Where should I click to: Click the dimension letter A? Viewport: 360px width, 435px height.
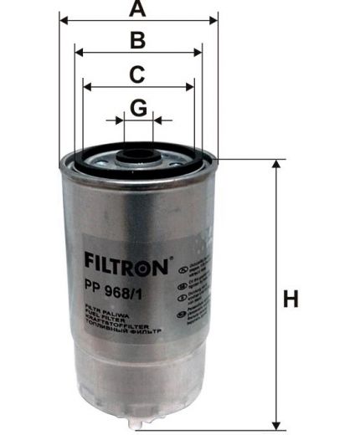click(138, 10)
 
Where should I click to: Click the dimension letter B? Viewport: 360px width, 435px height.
click(138, 39)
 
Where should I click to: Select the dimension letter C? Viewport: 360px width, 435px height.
click(138, 74)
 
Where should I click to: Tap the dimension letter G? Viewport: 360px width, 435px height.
click(139, 107)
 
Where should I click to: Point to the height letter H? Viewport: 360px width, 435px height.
click(291, 299)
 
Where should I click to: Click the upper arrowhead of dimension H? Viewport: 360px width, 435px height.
click(277, 166)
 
